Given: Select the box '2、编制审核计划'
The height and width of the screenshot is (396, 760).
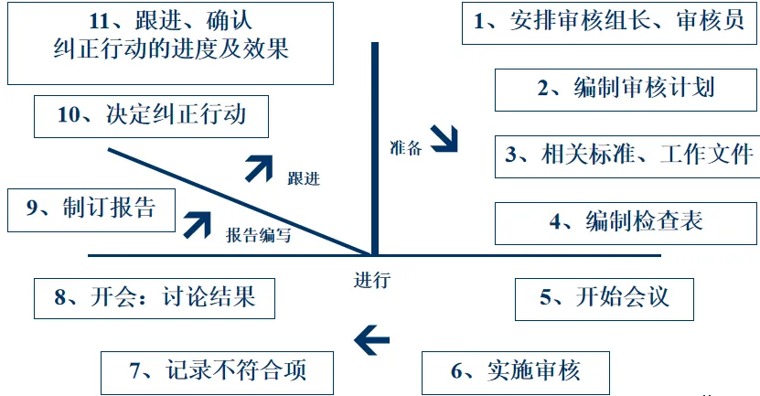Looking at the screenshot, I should (626, 89).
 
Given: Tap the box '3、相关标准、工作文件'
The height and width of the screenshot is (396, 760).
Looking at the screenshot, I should (627, 154).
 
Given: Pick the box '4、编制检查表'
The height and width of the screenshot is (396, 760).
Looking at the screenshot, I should (626, 221).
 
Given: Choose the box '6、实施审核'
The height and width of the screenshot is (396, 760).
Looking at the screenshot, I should (516, 371).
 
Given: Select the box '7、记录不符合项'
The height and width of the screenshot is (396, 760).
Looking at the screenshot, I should (217, 371).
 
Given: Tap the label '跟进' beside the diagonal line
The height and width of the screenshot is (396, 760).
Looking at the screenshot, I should (303, 177).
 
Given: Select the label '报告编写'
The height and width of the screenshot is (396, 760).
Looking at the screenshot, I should (259, 235).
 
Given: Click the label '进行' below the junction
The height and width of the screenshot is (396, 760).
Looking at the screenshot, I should (372, 281).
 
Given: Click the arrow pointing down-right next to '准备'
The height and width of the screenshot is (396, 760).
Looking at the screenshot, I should (445, 140).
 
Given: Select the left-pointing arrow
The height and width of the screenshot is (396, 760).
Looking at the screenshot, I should (371, 339).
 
